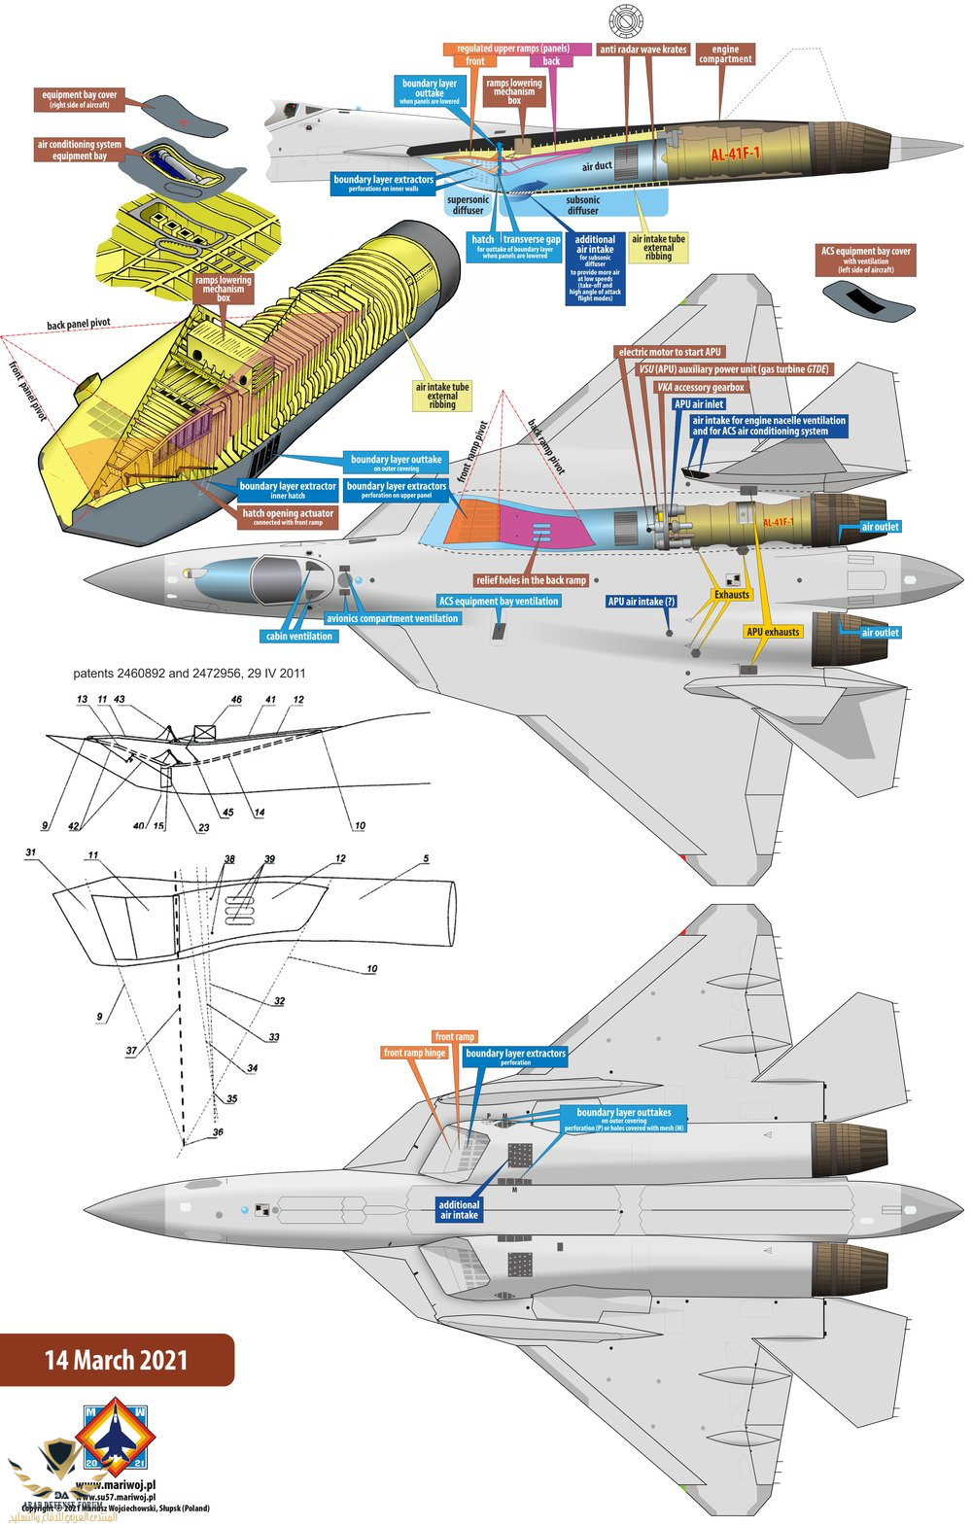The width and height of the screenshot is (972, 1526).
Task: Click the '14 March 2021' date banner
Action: coord(116,1359)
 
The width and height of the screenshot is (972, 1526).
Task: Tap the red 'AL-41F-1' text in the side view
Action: coord(735,154)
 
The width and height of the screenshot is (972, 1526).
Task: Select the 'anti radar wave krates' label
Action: coord(642,49)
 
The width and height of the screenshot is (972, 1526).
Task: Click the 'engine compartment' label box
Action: coord(725,53)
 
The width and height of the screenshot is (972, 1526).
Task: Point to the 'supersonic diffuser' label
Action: coord(468,204)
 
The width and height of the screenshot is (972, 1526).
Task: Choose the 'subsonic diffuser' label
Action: coord(583,204)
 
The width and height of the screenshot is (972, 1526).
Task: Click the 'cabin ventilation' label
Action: coord(298,636)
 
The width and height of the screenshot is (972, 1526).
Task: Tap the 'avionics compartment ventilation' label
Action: coord(392,618)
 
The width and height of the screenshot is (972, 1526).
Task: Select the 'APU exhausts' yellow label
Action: coord(773,632)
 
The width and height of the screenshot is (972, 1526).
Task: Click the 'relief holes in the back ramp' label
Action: coord(531,580)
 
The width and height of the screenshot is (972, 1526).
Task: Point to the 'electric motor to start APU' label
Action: coord(671,352)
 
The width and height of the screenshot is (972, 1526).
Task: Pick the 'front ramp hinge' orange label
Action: coord(414,1053)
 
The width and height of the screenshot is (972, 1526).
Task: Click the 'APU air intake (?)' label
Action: coord(641,602)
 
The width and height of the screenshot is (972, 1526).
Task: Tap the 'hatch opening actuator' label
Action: coord(288,516)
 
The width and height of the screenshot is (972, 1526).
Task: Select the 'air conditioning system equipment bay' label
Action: coord(80,150)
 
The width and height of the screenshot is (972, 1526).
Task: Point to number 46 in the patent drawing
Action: coord(236,700)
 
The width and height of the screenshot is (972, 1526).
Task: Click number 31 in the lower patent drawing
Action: coord(31,852)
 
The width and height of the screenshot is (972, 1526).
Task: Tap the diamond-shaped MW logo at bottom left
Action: coord(115,1436)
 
